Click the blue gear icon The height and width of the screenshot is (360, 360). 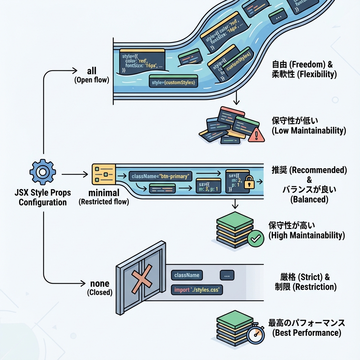click(x=42, y=172)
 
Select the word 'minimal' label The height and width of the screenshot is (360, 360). click(x=104, y=193)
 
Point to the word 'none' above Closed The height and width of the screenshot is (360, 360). click(x=100, y=284)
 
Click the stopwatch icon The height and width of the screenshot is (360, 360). click(x=255, y=333)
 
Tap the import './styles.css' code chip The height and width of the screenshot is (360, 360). click(x=197, y=290)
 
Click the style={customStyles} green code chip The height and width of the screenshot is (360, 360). click(x=174, y=82)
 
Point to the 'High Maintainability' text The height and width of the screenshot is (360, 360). click(x=307, y=235)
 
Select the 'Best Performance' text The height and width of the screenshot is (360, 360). click(x=307, y=333)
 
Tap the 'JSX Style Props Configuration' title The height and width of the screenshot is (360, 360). click(x=43, y=197)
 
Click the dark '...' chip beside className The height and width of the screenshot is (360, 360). click(x=227, y=276)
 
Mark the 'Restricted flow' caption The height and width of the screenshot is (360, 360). click(x=104, y=202)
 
